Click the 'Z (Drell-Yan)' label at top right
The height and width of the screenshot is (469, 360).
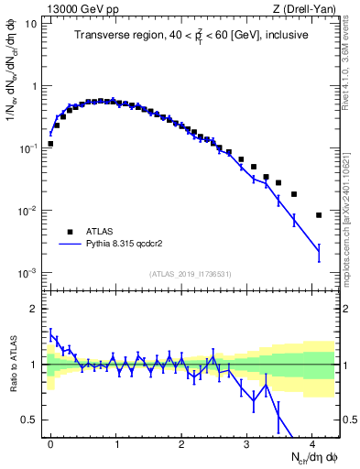tap(309, 9)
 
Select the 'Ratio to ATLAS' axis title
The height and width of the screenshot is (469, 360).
tap(12, 365)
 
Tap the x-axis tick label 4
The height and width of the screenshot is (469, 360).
tap(312, 442)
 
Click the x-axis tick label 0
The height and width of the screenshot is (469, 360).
tap(51, 442)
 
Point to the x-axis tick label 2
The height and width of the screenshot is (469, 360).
tap(181, 442)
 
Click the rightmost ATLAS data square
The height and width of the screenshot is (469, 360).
tap(318, 215)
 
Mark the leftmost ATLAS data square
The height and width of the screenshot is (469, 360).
tap(51, 144)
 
